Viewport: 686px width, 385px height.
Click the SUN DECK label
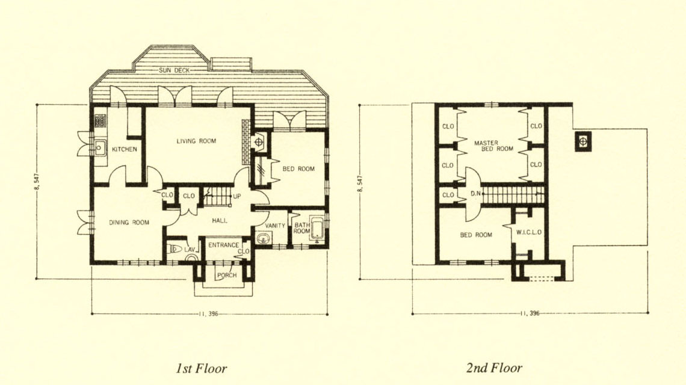coord(174,70)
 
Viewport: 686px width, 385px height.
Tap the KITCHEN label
coord(124,149)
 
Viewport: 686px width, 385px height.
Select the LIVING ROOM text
coord(196,141)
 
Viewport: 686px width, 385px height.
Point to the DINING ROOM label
coord(129,222)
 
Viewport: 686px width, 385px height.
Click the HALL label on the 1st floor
coord(220,221)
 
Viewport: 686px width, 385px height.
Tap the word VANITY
coord(275,226)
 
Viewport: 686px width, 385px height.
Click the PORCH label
coord(227,275)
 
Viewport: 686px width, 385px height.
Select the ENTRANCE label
coord(224,245)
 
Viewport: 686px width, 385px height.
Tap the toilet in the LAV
coord(175,249)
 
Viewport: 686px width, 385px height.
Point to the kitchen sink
coord(100,148)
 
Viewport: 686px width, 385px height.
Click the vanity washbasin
coord(264,239)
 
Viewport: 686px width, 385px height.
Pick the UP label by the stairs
coord(236,197)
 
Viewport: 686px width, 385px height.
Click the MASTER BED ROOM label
coord(493,146)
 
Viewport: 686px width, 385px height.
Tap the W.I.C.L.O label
coord(529,232)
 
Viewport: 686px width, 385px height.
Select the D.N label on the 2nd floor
coord(476,193)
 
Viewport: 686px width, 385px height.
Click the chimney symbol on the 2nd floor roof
coord(582,141)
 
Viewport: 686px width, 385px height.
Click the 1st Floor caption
coord(201,368)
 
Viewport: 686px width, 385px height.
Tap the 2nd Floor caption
coord(495,368)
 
